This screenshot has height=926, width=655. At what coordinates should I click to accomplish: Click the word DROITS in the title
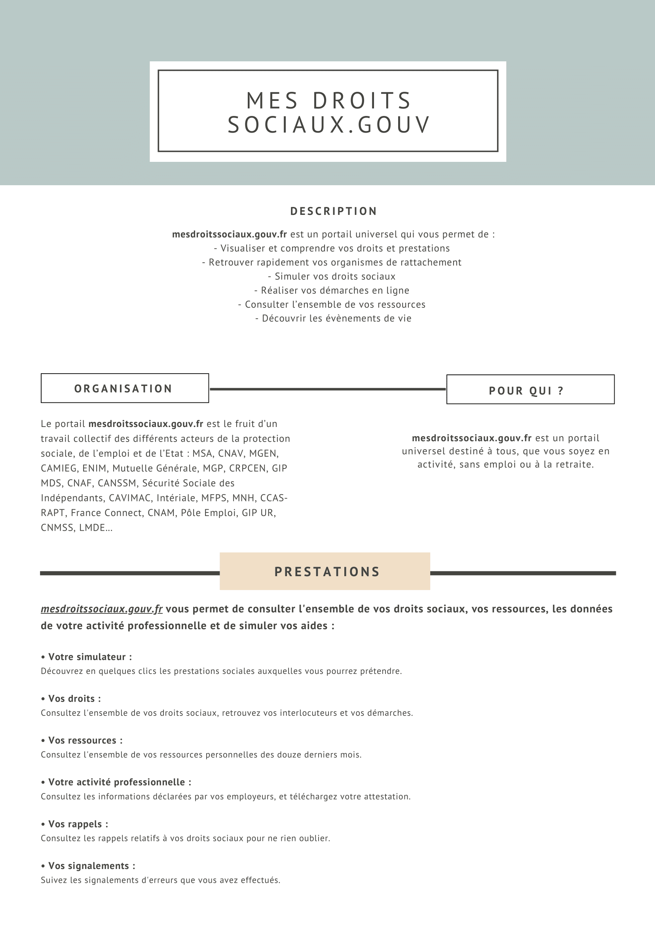click(362, 101)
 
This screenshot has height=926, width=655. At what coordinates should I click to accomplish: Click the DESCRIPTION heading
click(334, 211)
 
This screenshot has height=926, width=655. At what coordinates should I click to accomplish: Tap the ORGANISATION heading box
click(125, 388)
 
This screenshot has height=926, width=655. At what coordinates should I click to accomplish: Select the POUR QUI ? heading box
click(530, 390)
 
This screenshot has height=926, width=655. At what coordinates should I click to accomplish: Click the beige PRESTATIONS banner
click(325, 571)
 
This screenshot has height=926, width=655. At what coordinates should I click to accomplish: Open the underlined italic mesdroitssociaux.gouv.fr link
click(102, 609)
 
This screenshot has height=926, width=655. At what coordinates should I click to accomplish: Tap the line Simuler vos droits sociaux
click(332, 277)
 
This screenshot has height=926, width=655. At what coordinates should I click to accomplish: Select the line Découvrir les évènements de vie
click(333, 319)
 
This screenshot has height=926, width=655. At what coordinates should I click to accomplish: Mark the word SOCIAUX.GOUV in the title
click(329, 125)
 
